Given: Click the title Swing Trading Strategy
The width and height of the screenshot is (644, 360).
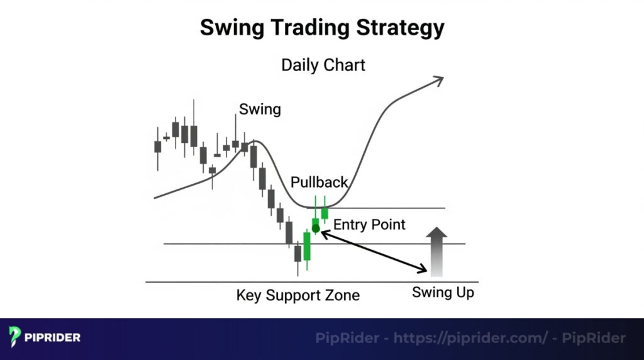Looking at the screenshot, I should coord(322,28).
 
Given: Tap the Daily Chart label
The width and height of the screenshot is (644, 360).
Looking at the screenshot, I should coord(323,65).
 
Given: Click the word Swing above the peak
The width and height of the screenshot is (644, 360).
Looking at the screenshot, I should coord(260,109).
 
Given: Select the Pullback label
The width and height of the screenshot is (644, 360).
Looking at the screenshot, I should coord(319,183).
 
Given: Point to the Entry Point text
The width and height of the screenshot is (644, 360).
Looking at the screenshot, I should coord(369,224).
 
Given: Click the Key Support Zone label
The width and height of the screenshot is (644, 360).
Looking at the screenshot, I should coord(298,295).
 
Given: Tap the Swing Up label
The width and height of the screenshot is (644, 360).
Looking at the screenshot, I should coord(443,293).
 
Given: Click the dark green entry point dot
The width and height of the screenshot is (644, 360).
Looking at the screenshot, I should coord(316,228).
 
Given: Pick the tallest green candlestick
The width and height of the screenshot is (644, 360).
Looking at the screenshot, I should coord(307,246).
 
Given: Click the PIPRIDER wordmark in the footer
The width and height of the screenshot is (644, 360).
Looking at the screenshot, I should coord(53,338).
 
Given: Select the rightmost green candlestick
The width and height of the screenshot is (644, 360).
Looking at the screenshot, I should coord(325,213).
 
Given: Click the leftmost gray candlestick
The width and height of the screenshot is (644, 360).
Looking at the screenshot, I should coord(157,147).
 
